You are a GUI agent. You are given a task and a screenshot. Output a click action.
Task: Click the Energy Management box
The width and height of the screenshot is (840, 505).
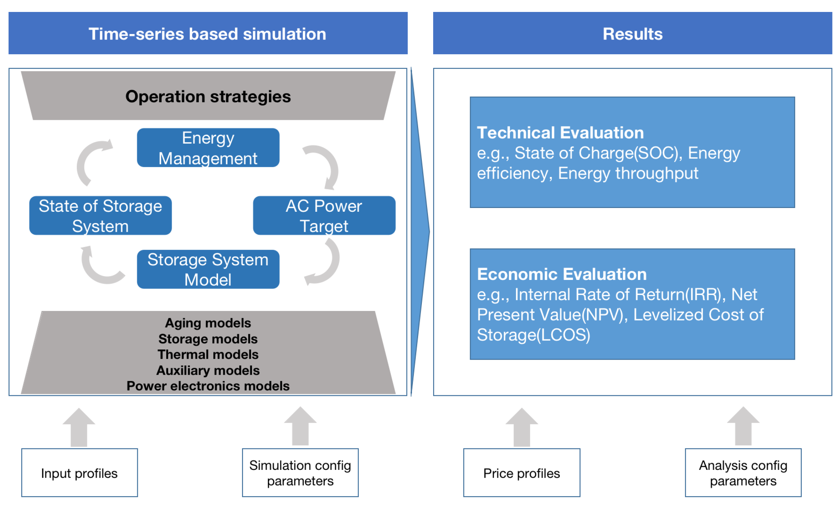tap(208, 148)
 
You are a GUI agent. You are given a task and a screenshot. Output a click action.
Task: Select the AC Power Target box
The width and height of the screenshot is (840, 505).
tap(324, 216)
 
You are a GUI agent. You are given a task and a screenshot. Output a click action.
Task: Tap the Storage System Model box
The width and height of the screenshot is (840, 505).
tap(208, 269)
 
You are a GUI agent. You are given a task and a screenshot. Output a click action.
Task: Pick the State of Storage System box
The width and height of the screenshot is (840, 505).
tap(100, 216)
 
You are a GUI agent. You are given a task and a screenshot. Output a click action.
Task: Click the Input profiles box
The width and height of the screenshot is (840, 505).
tap(80, 473)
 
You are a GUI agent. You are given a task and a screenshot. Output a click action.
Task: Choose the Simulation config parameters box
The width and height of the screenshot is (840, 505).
tap(300, 473)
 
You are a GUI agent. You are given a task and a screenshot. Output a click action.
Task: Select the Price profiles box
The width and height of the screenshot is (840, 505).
tap(521, 473)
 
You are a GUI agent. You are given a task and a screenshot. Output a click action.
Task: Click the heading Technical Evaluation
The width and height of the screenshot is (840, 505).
tap(560, 133)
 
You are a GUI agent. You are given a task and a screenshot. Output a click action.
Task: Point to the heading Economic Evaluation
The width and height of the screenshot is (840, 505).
tap(561, 274)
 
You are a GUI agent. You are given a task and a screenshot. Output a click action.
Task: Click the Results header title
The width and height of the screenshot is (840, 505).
tap(632, 34)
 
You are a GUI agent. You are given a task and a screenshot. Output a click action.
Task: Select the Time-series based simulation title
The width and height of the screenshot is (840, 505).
tap(208, 34)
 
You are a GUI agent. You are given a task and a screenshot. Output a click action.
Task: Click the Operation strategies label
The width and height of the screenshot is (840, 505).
tap(208, 96)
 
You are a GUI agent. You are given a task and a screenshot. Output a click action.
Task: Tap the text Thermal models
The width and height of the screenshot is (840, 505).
tap(208, 354)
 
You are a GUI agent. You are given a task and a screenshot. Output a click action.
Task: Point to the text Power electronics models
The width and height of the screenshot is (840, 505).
tap(208, 386)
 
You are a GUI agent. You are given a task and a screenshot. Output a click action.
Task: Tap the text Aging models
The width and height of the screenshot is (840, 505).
tap(208, 323)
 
